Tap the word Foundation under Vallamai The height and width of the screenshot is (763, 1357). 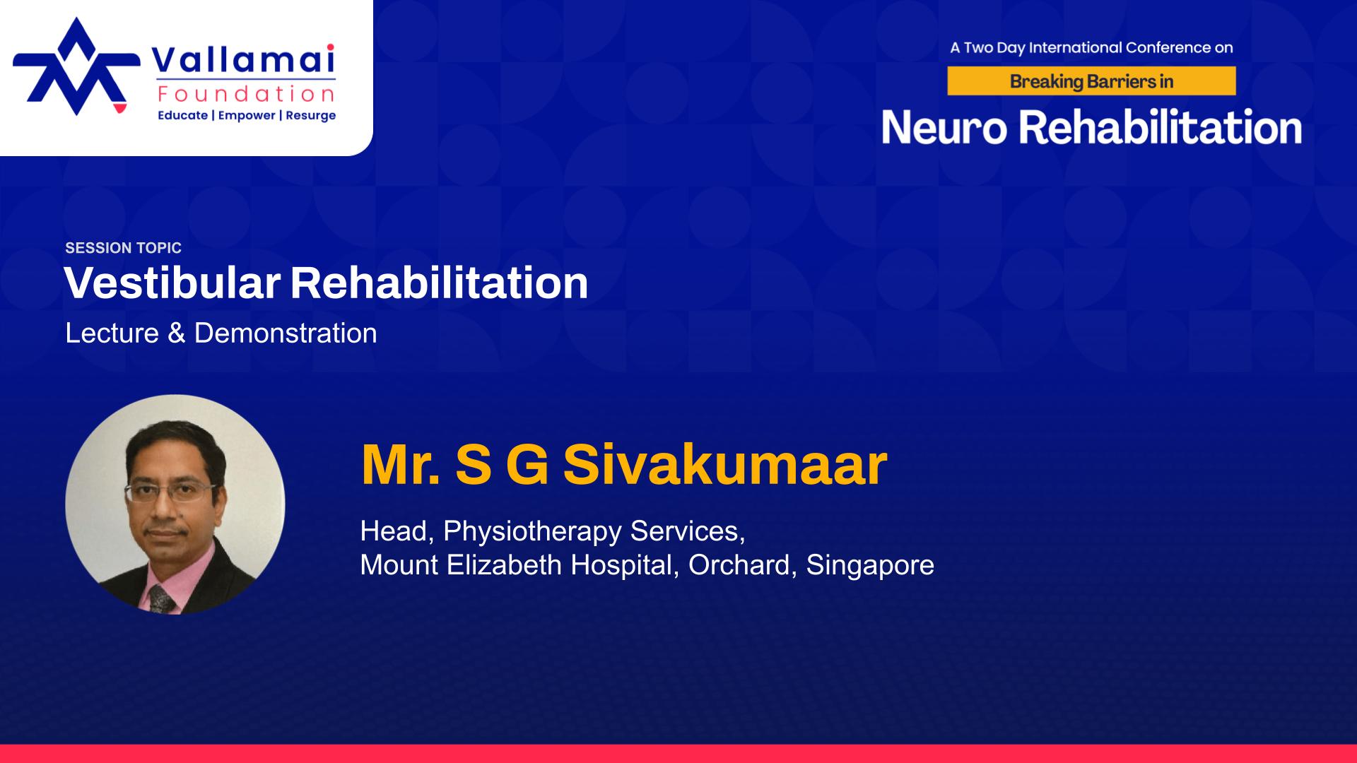[x=247, y=94]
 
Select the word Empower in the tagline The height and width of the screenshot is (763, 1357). [x=247, y=115]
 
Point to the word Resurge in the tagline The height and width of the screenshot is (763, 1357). [x=311, y=115]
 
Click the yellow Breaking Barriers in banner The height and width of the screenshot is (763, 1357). [x=1091, y=81]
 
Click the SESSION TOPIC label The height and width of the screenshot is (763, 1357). [x=124, y=248]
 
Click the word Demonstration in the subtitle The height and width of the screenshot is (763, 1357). [x=286, y=333]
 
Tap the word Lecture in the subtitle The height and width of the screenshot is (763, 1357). [x=112, y=333]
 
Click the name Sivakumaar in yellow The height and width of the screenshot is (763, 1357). [x=725, y=465]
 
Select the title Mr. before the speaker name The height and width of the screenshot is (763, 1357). [x=401, y=465]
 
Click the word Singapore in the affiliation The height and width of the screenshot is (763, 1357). [x=870, y=565]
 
